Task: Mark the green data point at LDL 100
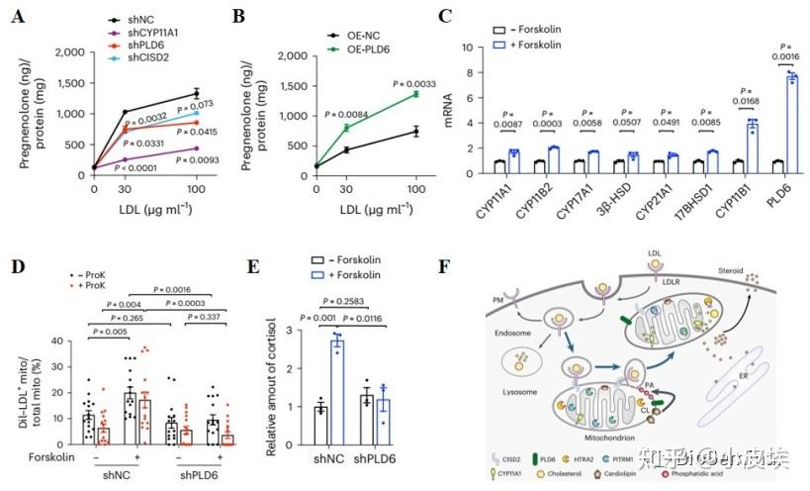416,94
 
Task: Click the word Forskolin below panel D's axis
38,455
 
